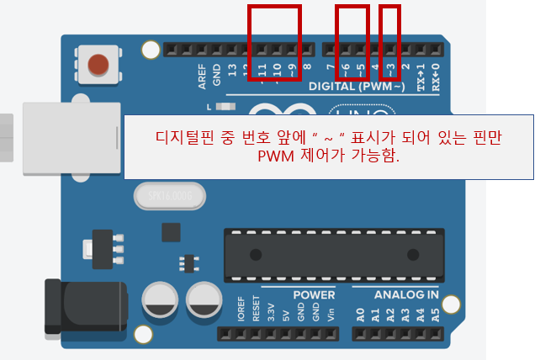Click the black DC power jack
click(x=84, y=308)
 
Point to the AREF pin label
click(x=202, y=77)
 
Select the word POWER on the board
click(x=314, y=295)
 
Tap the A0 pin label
click(x=359, y=316)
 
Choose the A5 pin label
click(x=435, y=316)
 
